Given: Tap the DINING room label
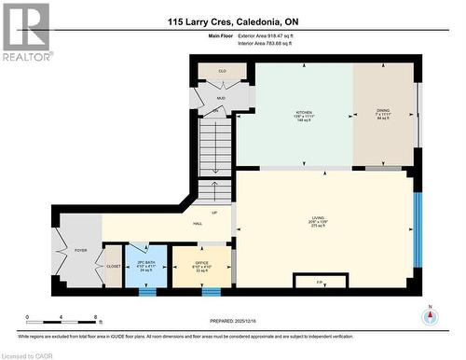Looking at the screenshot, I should [x=383, y=111].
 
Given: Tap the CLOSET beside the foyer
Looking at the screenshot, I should [x=113, y=266].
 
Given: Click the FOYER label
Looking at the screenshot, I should [x=80, y=251].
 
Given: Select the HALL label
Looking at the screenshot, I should [x=198, y=224].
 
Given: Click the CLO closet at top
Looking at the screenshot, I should [x=222, y=70].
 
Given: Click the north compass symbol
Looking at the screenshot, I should [x=430, y=315].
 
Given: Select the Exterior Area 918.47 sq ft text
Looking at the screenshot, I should [x=280, y=34].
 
